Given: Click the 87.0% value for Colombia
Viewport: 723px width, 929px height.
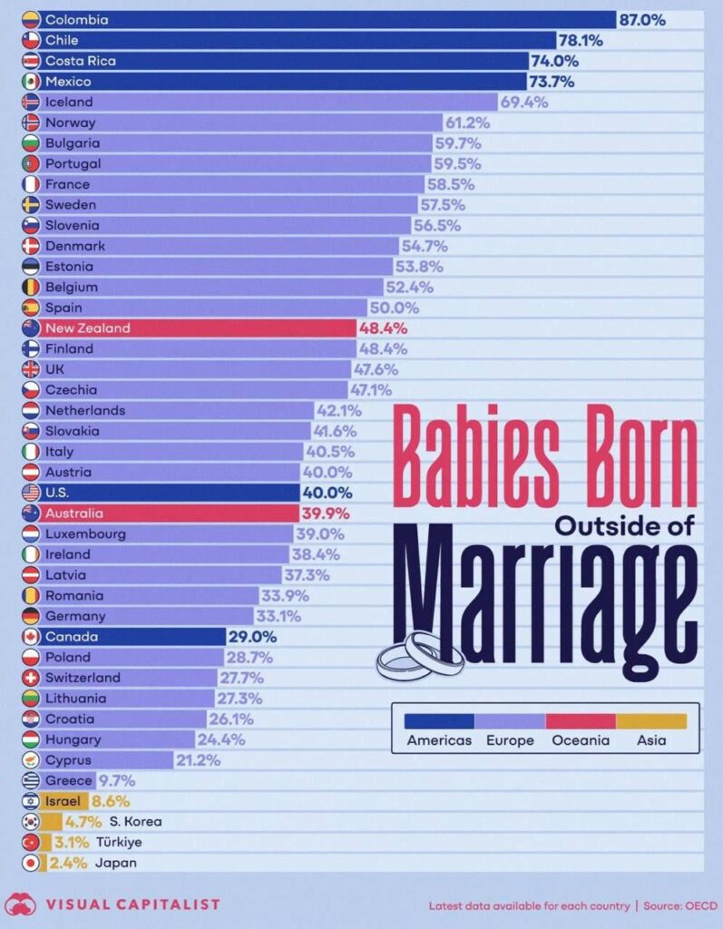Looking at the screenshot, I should click(642, 19).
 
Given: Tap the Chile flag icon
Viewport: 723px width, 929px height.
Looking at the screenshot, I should click(30, 40).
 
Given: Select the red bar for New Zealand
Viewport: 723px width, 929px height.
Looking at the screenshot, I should click(200, 328).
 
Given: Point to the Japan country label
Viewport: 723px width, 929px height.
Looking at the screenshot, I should click(116, 863).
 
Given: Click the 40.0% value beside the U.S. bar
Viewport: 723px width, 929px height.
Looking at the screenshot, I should click(327, 493).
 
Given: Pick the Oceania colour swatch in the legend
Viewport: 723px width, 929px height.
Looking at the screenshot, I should click(581, 720).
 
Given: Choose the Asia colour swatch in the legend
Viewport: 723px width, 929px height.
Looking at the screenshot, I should click(651, 720).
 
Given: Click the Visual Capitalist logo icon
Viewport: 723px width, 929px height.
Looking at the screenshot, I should click(20, 904).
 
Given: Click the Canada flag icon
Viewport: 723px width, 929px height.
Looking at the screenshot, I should click(30, 637).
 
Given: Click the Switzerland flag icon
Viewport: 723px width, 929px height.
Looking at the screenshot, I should click(30, 678).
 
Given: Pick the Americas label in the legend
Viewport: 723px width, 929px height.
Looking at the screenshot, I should click(439, 740).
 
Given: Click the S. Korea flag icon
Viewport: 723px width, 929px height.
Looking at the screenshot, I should click(30, 822).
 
